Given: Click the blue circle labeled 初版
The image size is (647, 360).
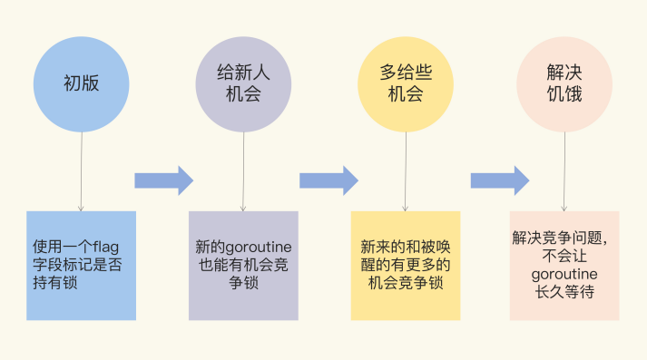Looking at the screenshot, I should [81, 83].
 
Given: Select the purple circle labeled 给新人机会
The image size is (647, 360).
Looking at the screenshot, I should [243, 83].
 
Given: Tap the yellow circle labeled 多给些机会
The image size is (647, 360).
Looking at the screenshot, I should [405, 83].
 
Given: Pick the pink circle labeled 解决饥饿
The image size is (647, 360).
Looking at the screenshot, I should [564, 83].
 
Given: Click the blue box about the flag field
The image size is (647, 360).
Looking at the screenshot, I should [81, 265].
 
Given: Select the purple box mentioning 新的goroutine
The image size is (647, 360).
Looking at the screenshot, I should [243, 265].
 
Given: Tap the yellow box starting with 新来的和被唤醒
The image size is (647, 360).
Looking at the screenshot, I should [405, 265].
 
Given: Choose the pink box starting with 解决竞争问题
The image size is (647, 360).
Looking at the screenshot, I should [564, 265].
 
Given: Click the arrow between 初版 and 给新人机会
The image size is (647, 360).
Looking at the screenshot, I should [163, 180].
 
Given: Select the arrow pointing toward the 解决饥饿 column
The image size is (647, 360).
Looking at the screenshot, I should [499, 180].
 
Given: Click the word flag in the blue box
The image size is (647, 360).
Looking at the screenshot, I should [114, 246].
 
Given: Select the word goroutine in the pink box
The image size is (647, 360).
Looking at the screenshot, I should [564, 274].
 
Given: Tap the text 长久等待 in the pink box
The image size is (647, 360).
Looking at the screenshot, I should [564, 292].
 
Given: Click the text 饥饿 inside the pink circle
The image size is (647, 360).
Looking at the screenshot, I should [564, 93].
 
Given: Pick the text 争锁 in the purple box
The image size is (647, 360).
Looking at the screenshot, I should [243, 284].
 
